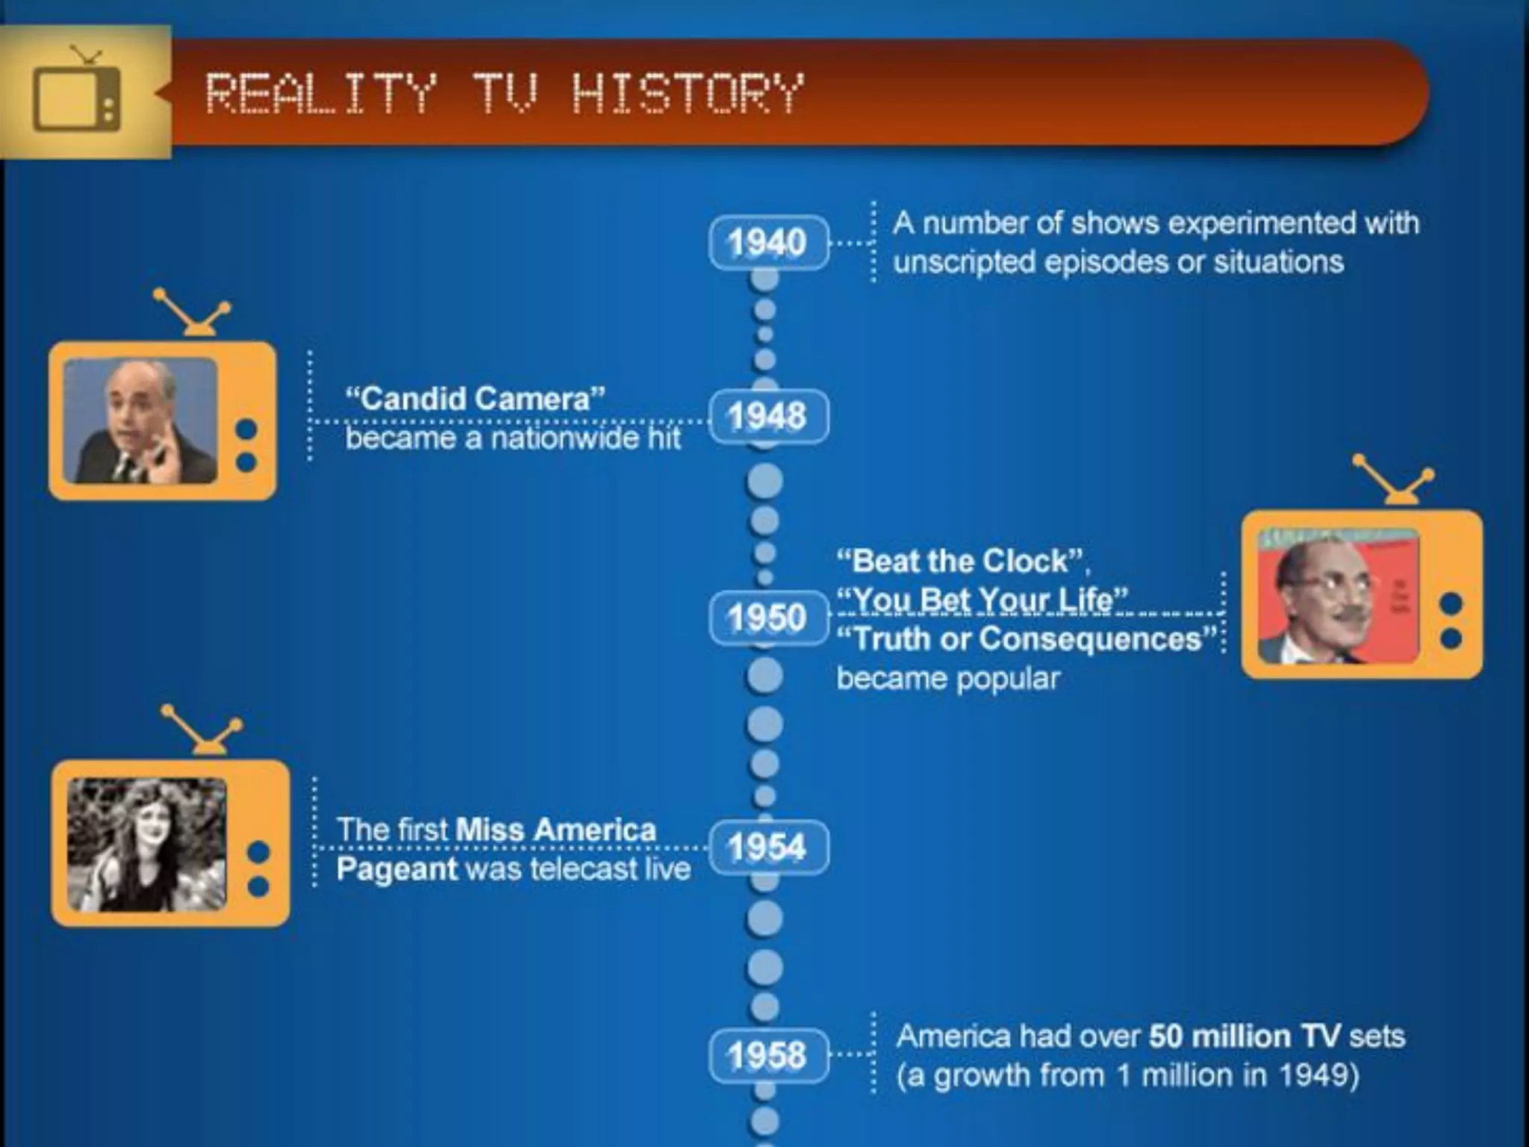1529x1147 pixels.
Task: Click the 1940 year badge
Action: point(768,243)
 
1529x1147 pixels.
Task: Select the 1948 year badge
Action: point(768,416)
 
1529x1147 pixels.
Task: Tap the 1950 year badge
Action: point(768,618)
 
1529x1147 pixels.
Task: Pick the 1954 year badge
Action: point(768,847)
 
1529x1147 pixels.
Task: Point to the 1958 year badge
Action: point(768,1055)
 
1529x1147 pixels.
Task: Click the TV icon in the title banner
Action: point(77,97)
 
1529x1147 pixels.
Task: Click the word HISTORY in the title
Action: point(687,94)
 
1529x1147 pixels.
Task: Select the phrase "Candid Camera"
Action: point(475,399)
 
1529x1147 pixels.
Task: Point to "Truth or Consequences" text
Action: point(1027,639)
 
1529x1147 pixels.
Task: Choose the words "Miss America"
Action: point(555,830)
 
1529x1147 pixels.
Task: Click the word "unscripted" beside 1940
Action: point(963,262)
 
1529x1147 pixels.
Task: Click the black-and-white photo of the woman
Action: point(146,845)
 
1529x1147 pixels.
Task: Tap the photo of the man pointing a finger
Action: point(140,420)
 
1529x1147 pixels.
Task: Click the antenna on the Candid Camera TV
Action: point(192,312)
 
